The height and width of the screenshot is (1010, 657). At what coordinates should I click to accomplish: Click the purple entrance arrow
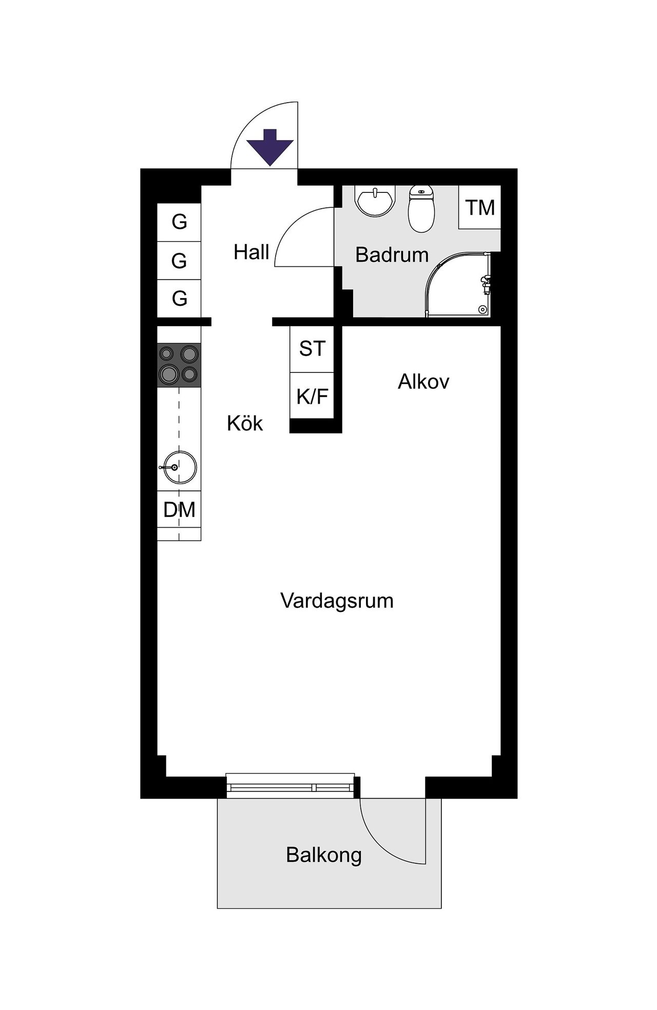coord(270,147)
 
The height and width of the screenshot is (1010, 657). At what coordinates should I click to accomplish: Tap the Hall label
coord(252,252)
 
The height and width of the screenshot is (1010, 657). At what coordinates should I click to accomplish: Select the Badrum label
coord(392,255)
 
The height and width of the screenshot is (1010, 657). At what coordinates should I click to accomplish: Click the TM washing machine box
coord(480,208)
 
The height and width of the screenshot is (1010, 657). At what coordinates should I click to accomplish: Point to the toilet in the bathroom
coord(421,208)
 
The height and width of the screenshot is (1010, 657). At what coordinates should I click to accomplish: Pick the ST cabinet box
coord(312,349)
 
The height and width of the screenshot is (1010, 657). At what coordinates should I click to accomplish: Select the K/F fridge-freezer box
coord(312,396)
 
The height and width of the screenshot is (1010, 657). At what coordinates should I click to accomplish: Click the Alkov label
coord(423,382)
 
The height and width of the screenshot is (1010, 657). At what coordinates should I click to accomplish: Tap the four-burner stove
coord(179,365)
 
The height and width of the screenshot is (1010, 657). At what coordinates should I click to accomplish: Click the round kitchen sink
coord(179,467)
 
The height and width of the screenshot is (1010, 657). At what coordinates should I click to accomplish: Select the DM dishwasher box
coord(179,509)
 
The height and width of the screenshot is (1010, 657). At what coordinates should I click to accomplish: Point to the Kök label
coord(245,424)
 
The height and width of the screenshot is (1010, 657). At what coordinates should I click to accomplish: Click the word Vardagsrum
coord(337,601)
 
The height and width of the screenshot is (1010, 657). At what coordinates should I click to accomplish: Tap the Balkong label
coord(324,855)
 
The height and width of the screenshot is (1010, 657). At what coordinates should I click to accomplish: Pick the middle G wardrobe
coord(179,261)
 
